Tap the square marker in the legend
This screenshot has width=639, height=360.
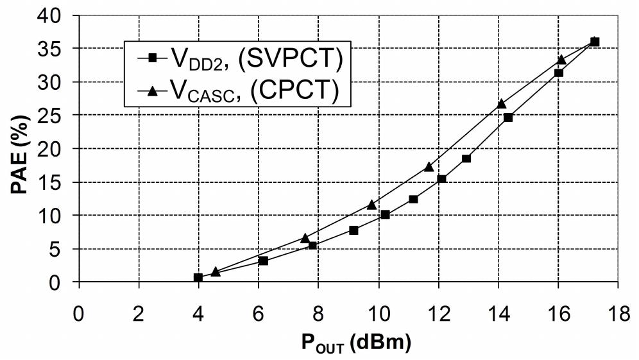click(153, 58)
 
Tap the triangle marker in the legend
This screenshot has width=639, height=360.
click(153, 91)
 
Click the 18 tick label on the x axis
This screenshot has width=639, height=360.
click(617, 298)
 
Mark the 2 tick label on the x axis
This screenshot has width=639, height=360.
click(139, 298)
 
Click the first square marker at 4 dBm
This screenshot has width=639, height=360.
click(198, 277)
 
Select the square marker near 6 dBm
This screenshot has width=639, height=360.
click(263, 261)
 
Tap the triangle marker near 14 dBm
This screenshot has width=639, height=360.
click(502, 103)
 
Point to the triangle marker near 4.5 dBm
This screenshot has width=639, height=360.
click(216, 271)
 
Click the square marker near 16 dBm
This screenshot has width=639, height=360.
click(559, 73)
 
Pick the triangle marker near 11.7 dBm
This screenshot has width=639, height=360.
click(429, 166)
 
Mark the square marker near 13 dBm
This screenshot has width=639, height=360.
click(466, 159)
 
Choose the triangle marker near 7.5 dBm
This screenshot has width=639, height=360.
click(305, 237)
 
